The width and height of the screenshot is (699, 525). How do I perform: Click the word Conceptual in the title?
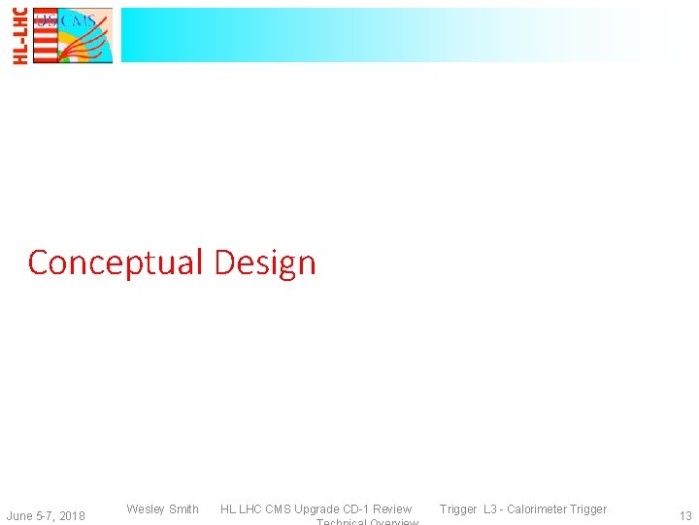pos(116,262)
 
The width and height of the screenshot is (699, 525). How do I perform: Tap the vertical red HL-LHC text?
pos(20,35)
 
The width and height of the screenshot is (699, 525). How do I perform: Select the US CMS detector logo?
pos(73,35)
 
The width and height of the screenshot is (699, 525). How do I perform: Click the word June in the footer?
pos(20,515)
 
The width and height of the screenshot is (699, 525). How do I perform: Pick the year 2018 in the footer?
pos(71,515)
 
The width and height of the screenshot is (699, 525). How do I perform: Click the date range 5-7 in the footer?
pos(46,515)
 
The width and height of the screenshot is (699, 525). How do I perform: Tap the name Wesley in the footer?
pos(146,508)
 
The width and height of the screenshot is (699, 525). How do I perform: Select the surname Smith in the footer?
pos(183,508)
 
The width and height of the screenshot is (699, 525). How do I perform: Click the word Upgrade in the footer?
pos(317,508)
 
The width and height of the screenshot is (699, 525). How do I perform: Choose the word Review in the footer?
pos(393,508)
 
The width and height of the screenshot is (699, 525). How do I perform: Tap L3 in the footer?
pos(489,508)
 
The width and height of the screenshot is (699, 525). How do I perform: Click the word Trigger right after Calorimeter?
pos(587,508)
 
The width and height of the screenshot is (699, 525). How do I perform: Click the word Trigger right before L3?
pos(458,508)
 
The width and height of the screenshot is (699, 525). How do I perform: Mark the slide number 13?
pos(685,516)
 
